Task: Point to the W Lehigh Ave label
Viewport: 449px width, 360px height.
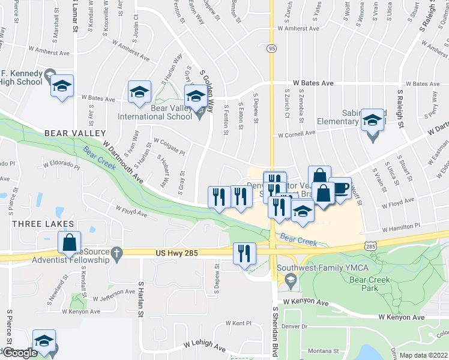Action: [205, 346]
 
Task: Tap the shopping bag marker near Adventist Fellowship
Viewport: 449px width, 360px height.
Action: [70, 242]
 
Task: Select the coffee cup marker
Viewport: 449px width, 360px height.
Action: [341, 188]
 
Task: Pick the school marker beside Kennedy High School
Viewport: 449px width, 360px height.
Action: [62, 85]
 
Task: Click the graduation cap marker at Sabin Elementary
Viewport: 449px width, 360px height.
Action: [372, 120]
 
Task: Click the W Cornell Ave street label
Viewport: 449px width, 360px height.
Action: [295, 134]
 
